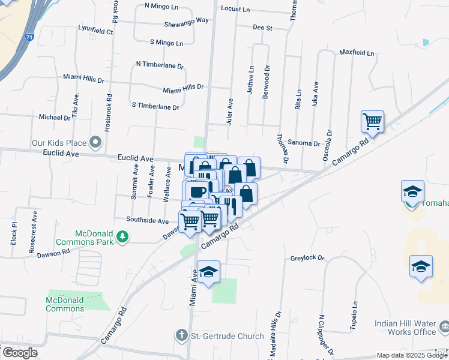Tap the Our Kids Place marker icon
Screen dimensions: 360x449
coord(95,143)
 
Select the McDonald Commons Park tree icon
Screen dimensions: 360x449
coord(122,237)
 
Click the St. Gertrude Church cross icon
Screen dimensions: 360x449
coord(181,335)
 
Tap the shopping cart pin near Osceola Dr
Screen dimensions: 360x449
coord(373,122)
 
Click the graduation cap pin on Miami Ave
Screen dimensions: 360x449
coord(208,273)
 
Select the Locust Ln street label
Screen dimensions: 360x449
coord(235,9)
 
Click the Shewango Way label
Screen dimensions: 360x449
coord(186,20)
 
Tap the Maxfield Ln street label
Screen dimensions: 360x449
coord(357,53)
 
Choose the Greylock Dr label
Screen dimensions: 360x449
coord(307,258)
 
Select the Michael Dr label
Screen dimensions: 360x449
coord(55,118)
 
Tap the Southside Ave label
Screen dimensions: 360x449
coord(147,220)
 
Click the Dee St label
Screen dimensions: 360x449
coord(262,28)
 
